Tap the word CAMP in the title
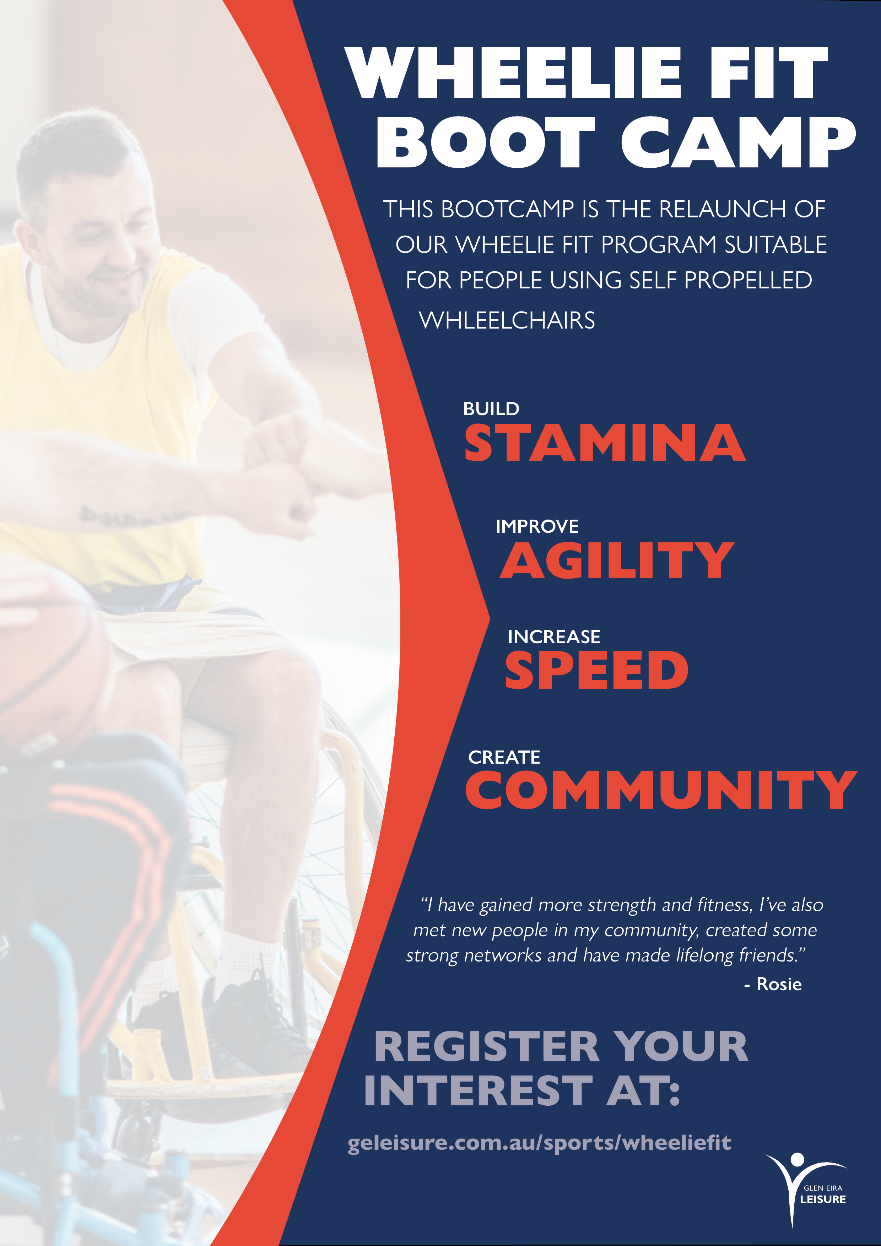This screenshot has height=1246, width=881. [739, 142]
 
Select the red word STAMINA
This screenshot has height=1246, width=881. [605, 443]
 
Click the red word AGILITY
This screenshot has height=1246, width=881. [617, 560]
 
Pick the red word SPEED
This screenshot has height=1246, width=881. [596, 670]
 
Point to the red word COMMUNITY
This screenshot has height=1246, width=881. [661, 790]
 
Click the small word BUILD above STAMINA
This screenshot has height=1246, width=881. [491, 408]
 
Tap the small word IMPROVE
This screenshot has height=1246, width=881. [537, 526]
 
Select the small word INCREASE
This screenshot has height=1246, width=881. [554, 636]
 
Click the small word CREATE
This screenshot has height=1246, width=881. [504, 757]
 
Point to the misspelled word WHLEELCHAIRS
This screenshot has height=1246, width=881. [507, 320]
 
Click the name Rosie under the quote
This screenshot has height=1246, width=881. [779, 984]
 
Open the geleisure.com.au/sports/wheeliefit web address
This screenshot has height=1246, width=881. [539, 1142]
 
